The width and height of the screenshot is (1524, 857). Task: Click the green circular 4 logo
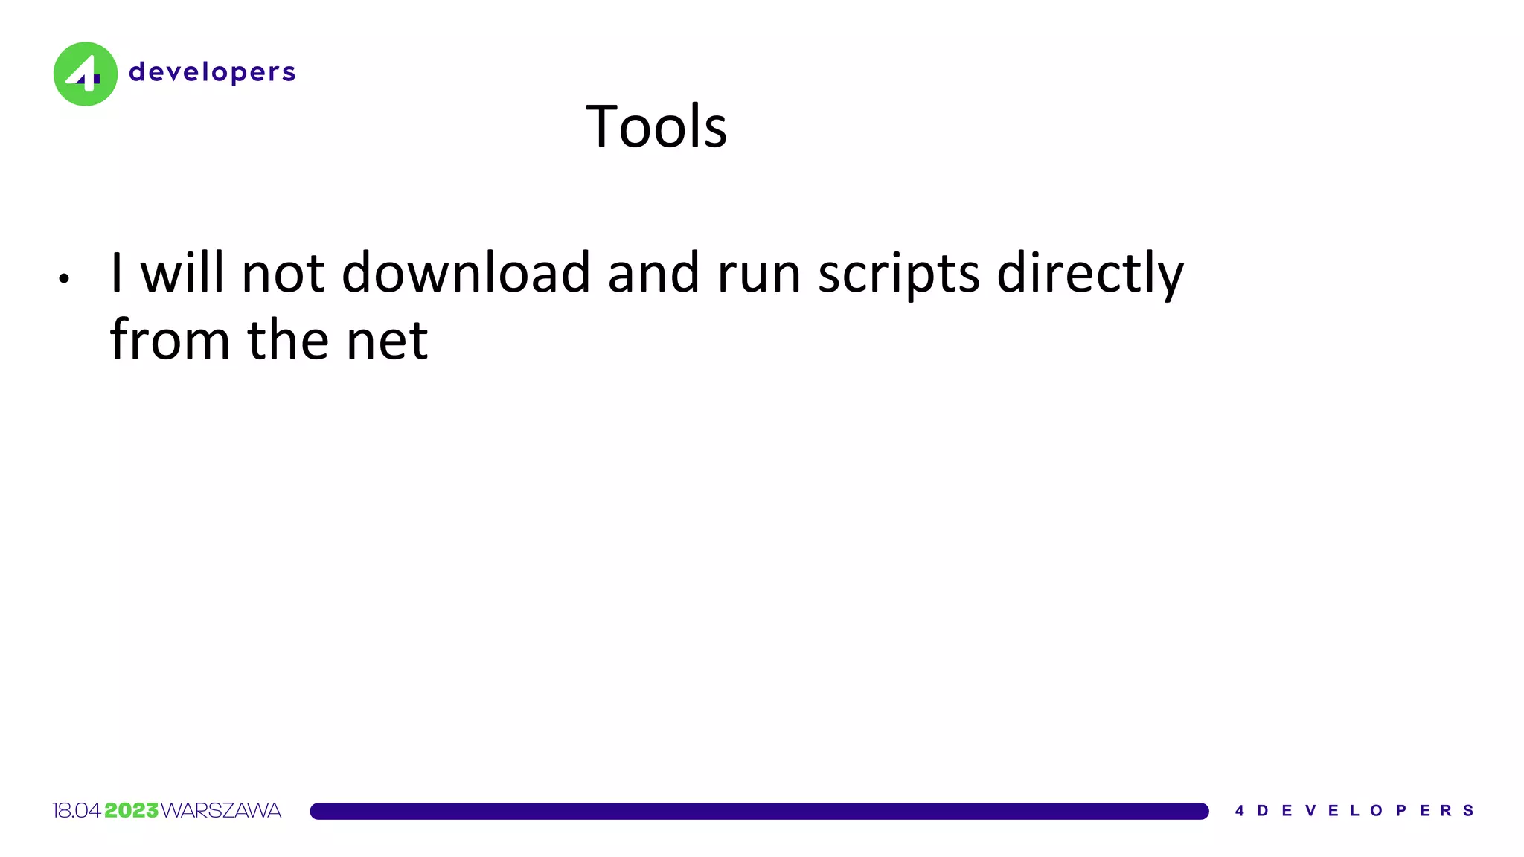86,74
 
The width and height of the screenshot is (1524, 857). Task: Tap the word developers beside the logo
212,72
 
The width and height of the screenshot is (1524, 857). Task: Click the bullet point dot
64,279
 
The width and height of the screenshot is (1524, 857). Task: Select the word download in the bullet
466,272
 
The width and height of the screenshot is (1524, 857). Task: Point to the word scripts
899,274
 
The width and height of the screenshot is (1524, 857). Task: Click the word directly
1089,274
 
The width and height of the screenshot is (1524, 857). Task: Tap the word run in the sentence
759,274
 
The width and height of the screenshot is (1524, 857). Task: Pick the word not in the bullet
283,272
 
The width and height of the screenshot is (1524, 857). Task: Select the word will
182,272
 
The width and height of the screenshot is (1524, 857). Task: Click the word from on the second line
170,339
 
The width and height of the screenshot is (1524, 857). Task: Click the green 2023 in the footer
132,811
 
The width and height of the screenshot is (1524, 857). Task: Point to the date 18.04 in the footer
77,811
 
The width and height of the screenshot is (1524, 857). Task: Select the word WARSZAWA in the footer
221,811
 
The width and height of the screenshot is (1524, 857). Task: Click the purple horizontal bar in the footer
759,811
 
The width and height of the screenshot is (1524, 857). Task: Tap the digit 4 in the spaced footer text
1240,811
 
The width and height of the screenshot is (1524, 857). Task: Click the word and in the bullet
653,272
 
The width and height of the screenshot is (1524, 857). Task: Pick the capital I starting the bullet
116,272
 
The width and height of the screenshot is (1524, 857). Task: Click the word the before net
288,339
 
